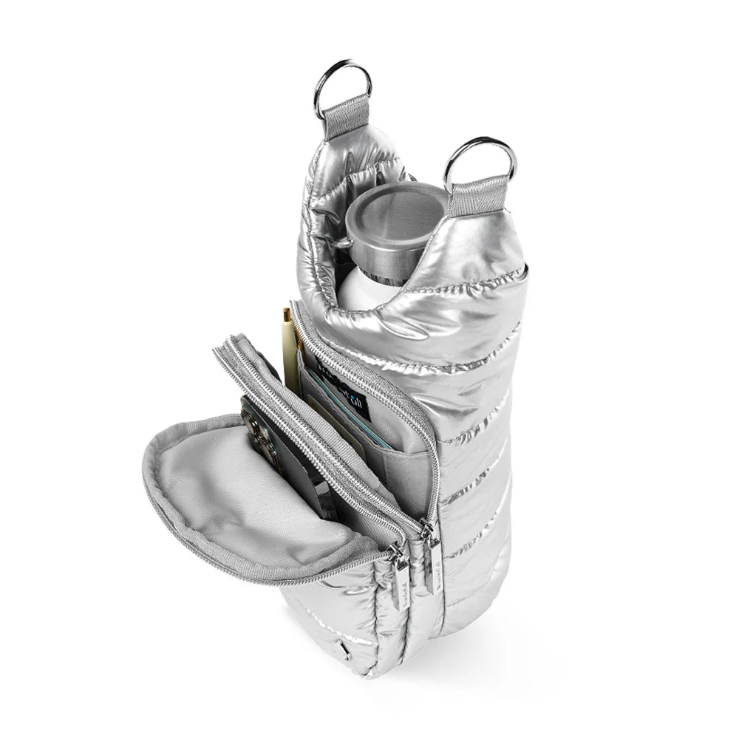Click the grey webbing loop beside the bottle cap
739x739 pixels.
[483, 194]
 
